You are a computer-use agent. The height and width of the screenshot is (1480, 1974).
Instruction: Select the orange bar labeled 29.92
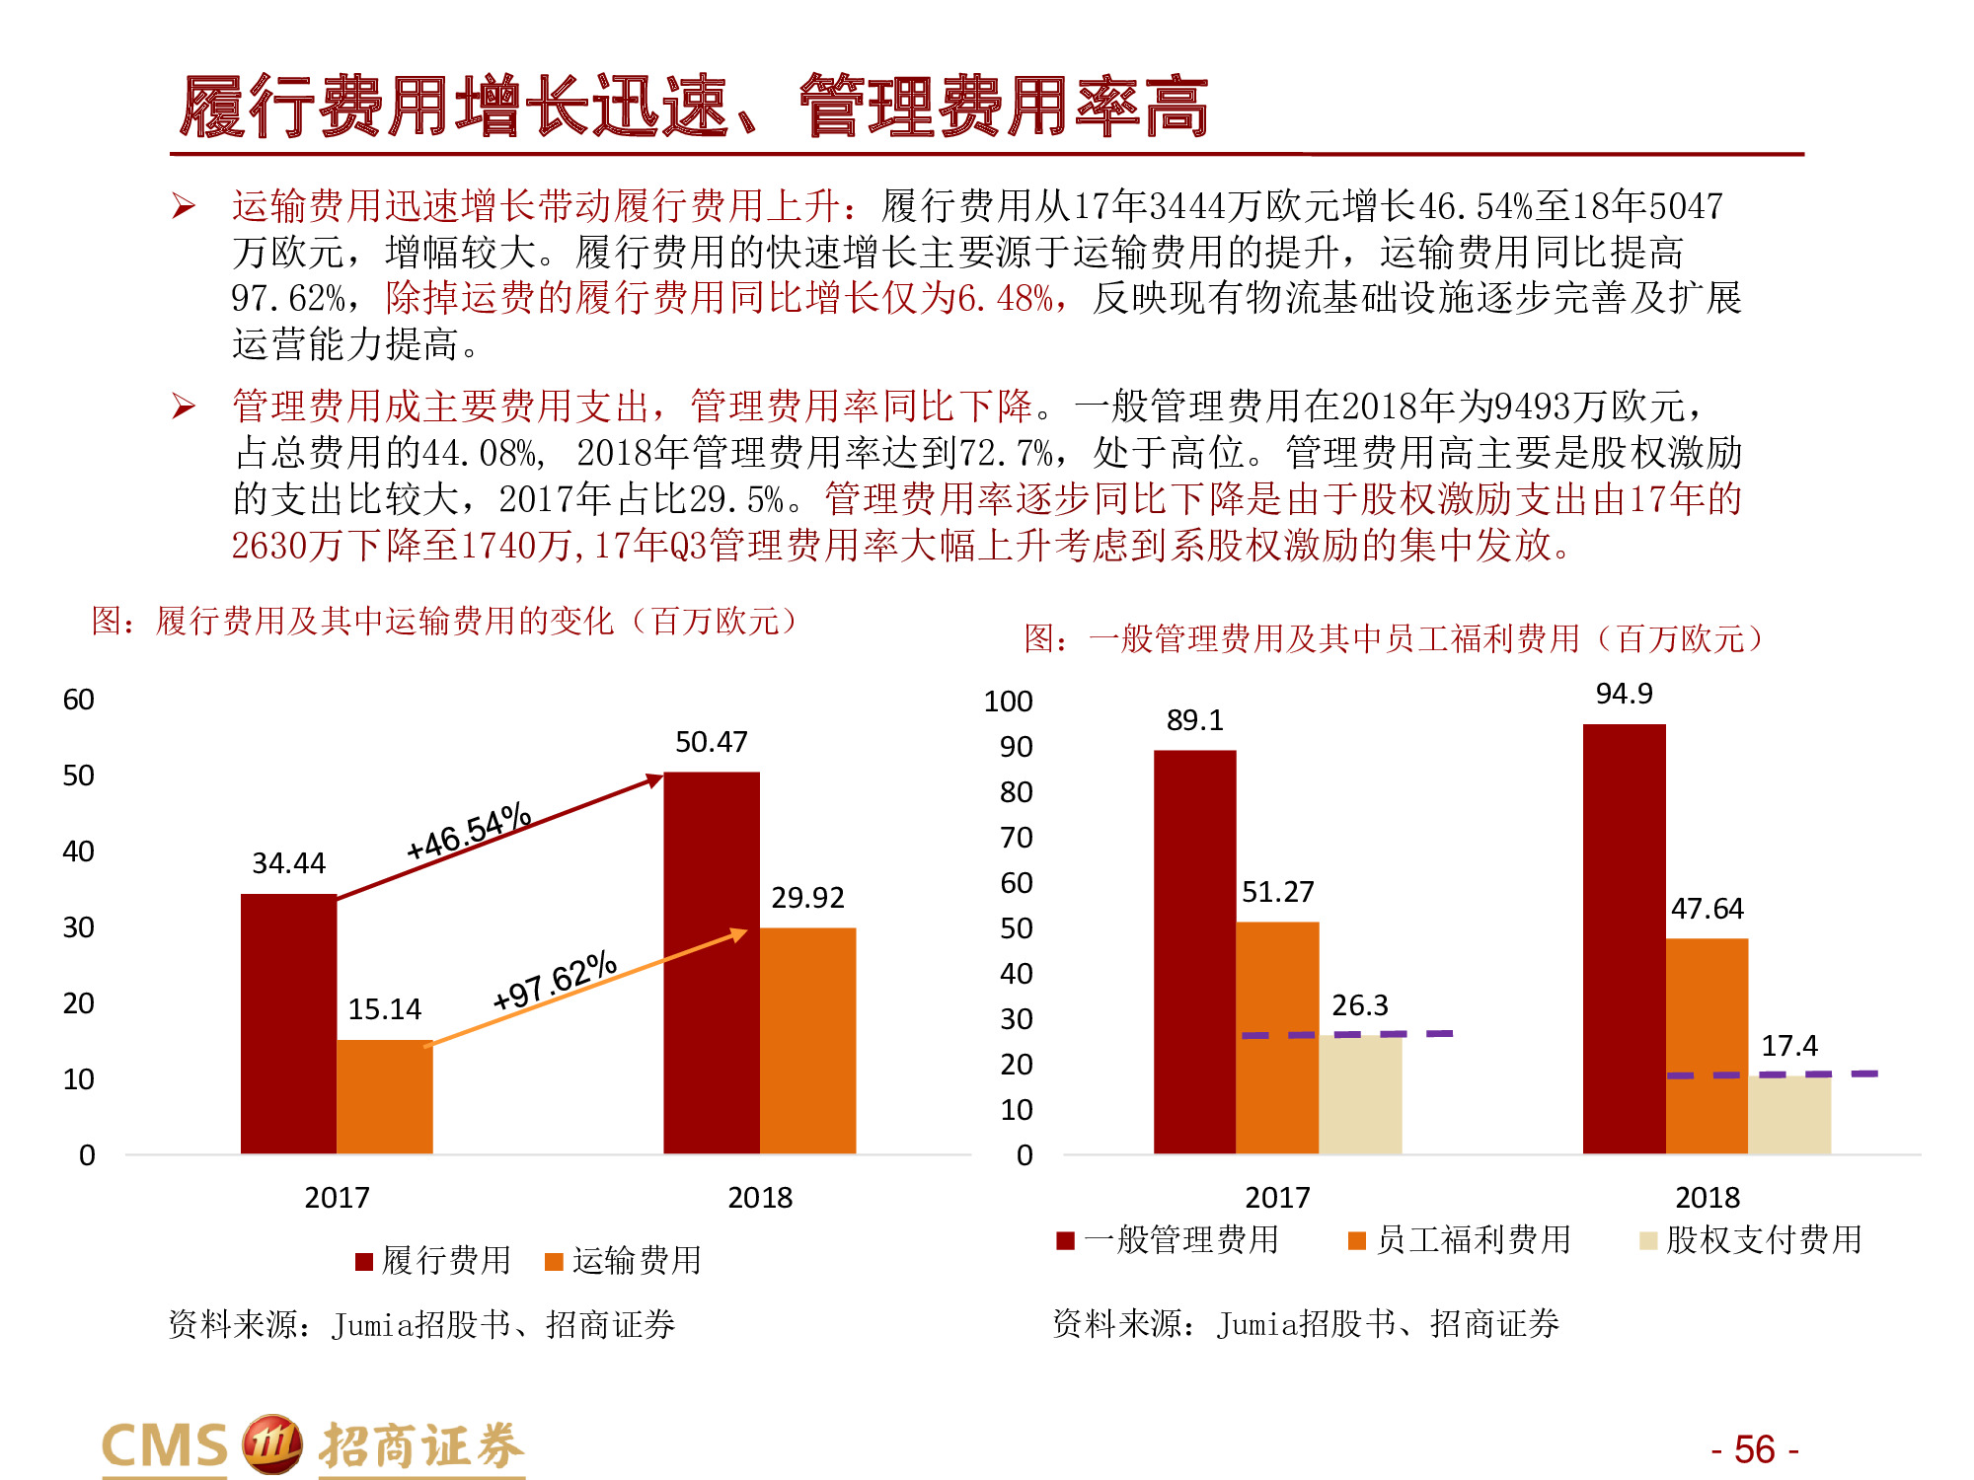pos(807,1040)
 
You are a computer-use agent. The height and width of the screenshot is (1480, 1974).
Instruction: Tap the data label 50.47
pos(711,742)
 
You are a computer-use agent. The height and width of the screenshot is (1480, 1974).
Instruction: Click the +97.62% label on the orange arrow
pos(555,981)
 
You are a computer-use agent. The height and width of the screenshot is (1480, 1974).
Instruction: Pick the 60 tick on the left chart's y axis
pos(79,700)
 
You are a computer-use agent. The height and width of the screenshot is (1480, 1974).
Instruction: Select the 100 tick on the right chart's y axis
pos(1008,702)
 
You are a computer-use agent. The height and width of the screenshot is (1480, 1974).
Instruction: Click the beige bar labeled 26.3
pos(1360,1095)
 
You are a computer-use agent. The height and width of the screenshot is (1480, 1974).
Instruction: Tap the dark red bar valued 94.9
pos(1624,938)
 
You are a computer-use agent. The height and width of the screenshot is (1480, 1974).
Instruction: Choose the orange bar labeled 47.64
pos(1707,1046)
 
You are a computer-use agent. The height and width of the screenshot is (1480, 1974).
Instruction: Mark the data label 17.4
pos(1788,1046)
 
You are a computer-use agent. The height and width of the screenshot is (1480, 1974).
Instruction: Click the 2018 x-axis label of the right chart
pos(1707,1198)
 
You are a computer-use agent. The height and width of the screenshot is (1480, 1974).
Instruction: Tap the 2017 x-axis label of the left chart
pos(337,1198)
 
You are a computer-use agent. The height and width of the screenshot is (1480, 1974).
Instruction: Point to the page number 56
pos(1754,1449)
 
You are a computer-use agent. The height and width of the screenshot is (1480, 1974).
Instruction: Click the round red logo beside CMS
pos(271,1444)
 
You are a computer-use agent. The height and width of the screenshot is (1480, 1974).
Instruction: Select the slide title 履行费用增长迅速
pos(454,107)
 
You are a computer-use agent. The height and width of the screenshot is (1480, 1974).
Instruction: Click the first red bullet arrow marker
pos(184,206)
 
